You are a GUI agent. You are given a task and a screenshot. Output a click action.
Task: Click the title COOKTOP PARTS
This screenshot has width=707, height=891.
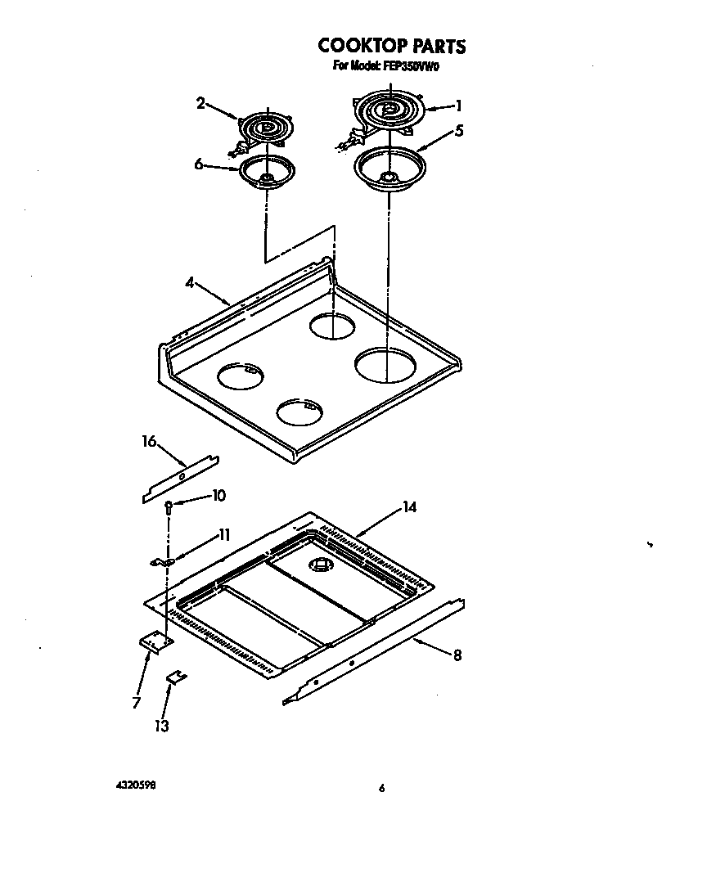point(391,46)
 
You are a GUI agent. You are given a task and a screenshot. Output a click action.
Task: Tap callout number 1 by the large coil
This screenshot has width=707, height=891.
point(459,105)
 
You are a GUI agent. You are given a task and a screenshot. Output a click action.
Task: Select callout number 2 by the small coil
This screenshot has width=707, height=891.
point(200,103)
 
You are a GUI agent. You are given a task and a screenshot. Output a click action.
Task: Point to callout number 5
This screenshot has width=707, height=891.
point(460,130)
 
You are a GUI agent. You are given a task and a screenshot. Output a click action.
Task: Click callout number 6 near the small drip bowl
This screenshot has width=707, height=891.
point(199,164)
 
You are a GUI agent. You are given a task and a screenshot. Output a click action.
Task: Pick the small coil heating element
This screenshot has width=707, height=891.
point(264,129)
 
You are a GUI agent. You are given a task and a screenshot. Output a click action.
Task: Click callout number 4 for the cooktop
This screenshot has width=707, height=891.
point(189,283)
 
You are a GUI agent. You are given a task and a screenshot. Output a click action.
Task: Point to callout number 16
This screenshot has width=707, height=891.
point(148,442)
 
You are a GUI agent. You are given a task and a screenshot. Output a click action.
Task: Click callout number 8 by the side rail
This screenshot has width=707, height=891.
point(457,655)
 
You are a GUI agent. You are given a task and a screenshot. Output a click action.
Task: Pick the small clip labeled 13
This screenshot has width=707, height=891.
point(176,676)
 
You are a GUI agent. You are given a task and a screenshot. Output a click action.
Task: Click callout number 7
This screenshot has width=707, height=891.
point(136,702)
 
